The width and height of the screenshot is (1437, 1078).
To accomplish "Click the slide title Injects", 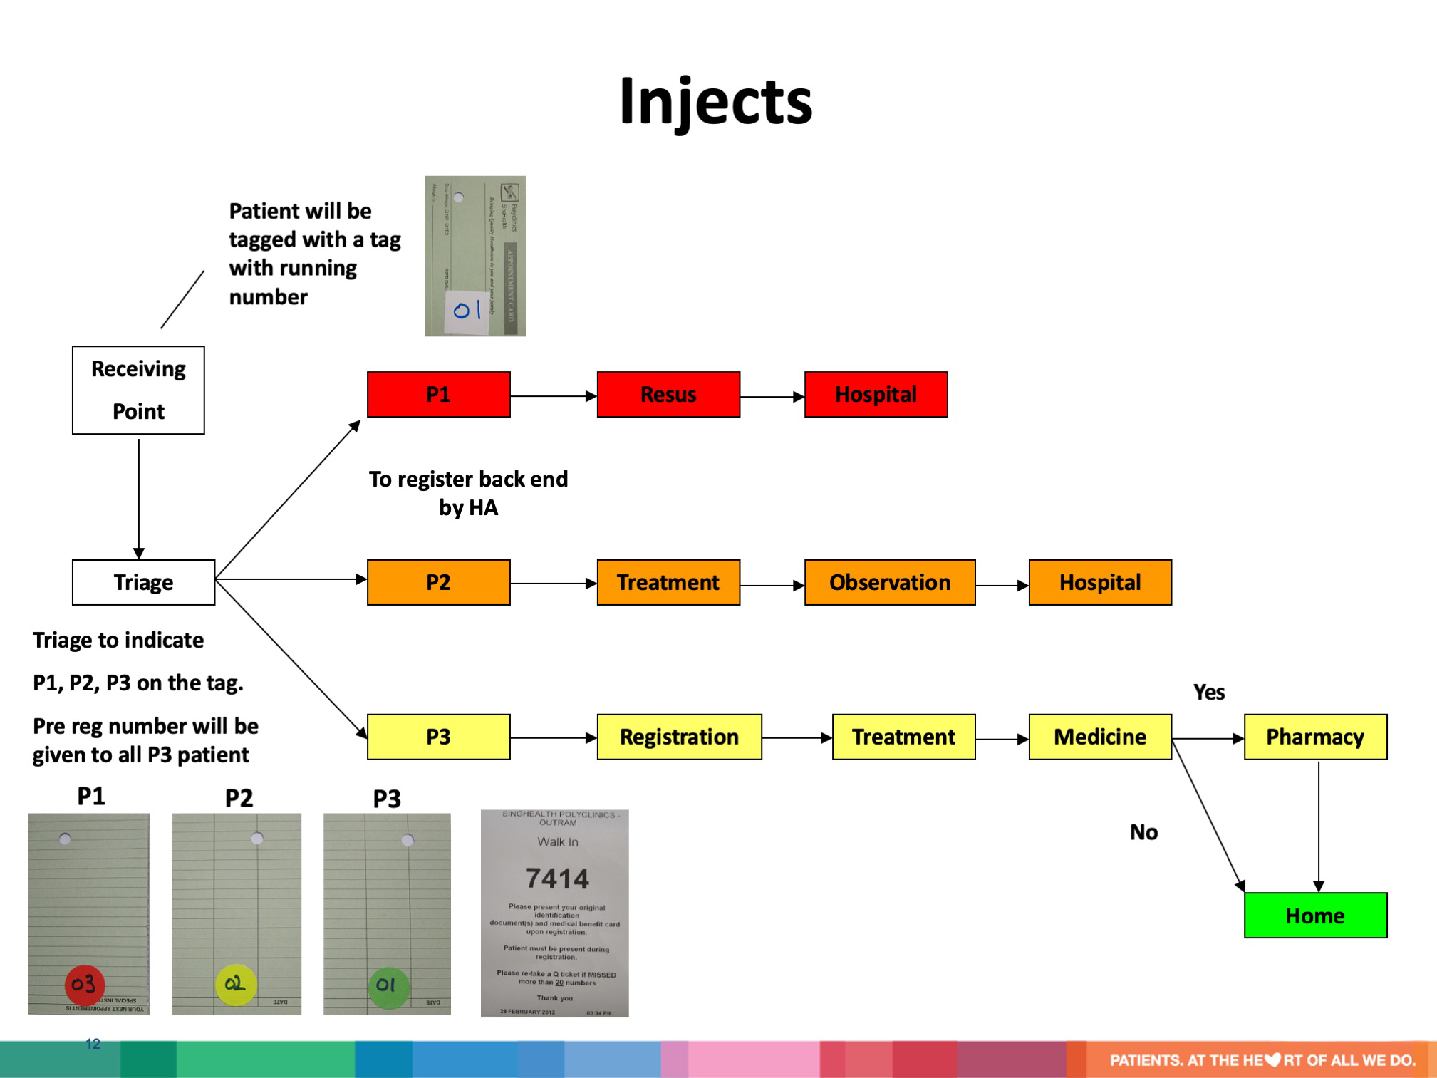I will point(715,101).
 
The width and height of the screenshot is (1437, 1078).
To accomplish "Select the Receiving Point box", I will point(138,390).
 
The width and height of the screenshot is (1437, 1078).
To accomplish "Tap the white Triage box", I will point(143,582).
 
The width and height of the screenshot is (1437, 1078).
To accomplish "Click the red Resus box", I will point(668,394).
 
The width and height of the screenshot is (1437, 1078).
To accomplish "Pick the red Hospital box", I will point(876,394).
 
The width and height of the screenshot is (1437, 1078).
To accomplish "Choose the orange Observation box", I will point(889,582).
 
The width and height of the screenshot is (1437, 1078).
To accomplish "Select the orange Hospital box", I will point(1099,582).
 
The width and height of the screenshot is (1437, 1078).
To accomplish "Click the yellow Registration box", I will point(679,737).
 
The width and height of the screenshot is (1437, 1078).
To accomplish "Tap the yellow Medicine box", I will point(1099,737).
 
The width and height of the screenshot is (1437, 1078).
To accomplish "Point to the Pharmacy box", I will point(1314,737).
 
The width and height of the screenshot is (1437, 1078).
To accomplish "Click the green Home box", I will point(1314,916).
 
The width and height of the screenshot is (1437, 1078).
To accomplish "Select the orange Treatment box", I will point(668,582).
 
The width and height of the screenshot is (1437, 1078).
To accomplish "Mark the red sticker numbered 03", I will point(85,985).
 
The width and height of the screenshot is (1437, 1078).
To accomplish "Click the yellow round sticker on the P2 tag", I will point(235,985).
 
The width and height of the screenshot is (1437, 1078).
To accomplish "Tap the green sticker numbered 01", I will point(388,986).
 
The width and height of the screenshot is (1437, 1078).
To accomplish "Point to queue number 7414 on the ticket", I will point(557,879).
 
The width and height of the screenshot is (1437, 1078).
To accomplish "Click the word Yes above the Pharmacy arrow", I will point(1209,692).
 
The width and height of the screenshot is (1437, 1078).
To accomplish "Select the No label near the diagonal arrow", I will point(1143,832).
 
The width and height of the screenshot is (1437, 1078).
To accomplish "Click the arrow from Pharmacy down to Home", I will point(1319,826).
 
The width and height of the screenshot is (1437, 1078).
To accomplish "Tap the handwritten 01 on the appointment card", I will point(467,311).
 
